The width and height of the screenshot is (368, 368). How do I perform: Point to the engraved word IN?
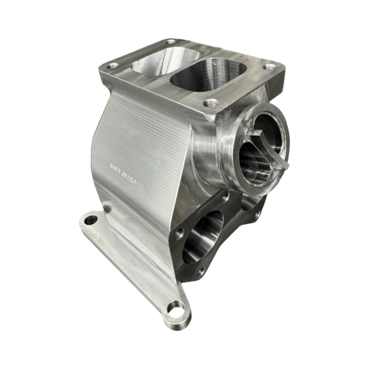123,174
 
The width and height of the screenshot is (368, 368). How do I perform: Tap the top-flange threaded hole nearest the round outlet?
211,103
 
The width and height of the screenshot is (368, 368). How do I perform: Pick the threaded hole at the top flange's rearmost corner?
170,41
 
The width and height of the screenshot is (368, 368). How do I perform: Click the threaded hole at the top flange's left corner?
112,65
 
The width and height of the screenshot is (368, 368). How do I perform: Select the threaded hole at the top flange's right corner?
269,67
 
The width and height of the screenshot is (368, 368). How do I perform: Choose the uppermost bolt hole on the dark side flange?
225,197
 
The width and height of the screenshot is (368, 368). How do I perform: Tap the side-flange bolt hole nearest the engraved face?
180,233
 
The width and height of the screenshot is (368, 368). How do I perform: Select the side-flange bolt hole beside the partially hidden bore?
257,214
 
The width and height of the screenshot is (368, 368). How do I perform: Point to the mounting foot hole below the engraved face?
91,220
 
